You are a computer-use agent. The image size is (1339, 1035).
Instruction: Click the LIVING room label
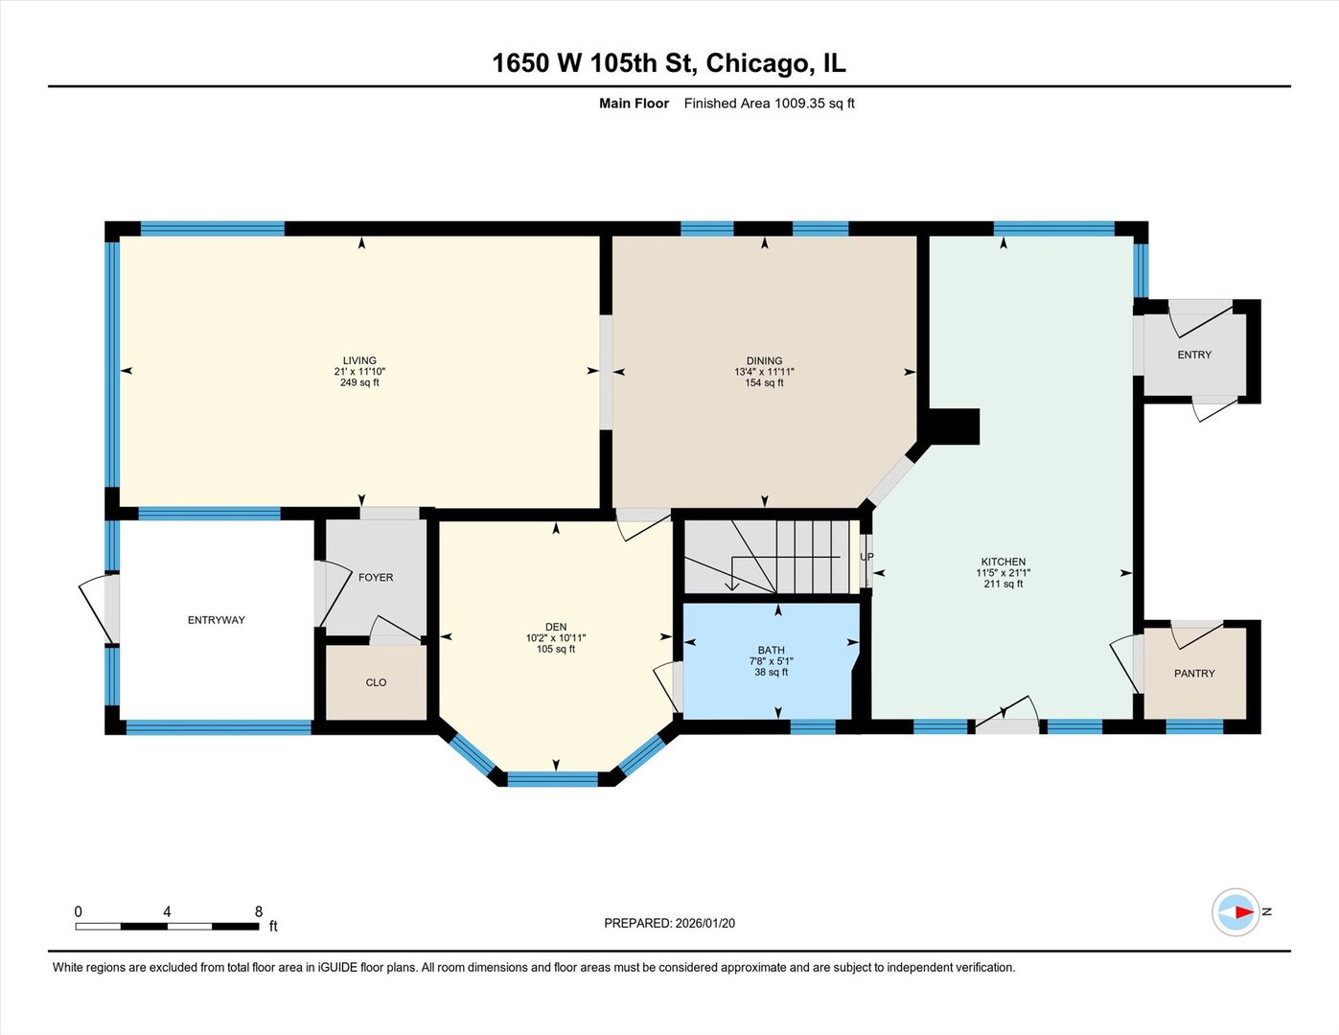point(359,360)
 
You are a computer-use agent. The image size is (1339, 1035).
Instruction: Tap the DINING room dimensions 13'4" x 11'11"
point(764,372)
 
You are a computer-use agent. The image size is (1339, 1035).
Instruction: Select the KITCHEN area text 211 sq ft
point(1003,584)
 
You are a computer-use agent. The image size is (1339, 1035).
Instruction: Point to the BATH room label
point(771,650)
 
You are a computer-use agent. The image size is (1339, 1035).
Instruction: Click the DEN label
point(556,627)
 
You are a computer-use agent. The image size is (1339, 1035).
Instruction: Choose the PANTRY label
point(1194,674)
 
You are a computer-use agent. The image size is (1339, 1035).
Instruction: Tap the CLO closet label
point(376,682)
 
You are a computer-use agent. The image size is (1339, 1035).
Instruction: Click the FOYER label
point(376,577)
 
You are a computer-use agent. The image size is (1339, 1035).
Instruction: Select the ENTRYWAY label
point(216,620)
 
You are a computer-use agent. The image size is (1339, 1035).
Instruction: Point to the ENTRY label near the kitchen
point(1194,355)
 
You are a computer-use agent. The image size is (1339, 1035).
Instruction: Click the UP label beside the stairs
point(866,557)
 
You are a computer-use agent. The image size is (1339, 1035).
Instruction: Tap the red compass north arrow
point(1242,911)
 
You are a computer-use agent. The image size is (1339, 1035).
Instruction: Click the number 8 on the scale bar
point(258,911)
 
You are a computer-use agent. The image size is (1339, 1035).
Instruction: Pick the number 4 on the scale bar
point(167,911)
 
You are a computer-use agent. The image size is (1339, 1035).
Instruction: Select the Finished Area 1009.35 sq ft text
point(769,103)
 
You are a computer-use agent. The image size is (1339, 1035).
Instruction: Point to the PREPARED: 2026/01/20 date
point(669,923)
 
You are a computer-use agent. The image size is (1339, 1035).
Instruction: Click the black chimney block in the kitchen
point(954,426)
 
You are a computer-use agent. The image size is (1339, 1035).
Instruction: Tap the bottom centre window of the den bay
point(553,778)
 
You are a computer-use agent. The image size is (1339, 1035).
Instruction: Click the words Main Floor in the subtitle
point(634,103)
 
